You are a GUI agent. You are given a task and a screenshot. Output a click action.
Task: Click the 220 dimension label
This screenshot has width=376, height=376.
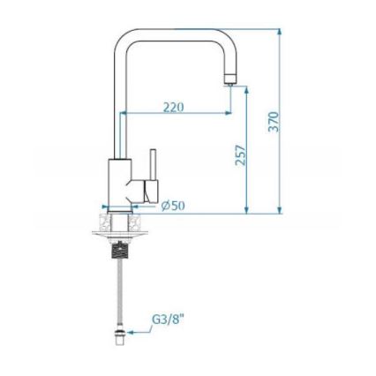[173, 107]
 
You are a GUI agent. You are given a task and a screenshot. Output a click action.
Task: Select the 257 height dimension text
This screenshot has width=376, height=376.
[240, 155]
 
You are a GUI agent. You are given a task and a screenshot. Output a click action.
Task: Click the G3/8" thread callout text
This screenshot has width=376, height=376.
[169, 320]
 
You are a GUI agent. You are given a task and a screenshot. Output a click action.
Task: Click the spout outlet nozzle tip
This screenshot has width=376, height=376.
[230, 80]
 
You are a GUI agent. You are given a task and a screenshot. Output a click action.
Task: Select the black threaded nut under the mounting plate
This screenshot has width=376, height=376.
[119, 249]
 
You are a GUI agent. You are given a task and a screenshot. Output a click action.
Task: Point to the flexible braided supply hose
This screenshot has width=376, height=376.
[119, 291]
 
